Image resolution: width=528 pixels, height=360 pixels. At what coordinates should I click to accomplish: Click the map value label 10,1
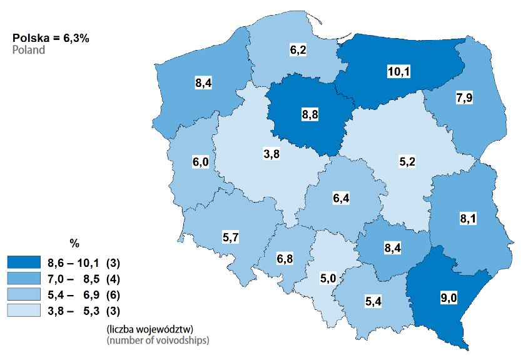[x=398, y=72]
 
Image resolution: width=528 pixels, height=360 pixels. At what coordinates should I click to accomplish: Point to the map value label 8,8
[x=310, y=115]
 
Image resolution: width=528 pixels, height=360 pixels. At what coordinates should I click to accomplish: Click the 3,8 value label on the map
[x=271, y=154]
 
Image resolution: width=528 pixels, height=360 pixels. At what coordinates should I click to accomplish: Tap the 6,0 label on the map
[x=200, y=162]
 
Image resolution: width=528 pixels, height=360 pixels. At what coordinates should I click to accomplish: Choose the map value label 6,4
[x=341, y=199]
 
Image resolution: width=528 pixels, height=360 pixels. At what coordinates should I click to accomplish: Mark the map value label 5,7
[x=231, y=237]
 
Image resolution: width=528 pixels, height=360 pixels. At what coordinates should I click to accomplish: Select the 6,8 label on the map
[x=285, y=258]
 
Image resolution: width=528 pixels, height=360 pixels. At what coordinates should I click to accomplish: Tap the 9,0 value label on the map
[x=449, y=298]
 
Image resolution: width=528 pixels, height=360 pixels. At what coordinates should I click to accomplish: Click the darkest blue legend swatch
[x=24, y=261]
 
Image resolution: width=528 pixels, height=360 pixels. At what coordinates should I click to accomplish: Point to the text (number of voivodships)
[x=157, y=341]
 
